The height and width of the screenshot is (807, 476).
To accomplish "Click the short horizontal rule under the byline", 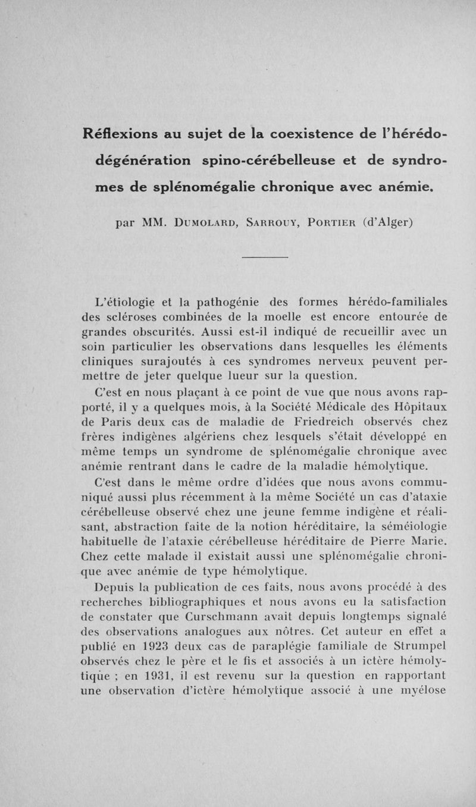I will pyautogui.click(x=265, y=258).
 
